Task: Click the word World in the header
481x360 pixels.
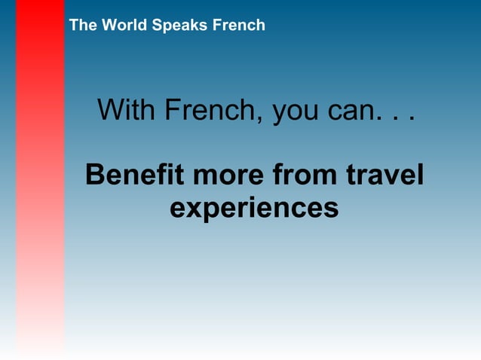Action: point(123,25)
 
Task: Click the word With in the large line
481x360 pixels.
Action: point(127,111)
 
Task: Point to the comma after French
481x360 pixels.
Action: point(264,121)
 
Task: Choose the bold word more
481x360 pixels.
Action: point(228,176)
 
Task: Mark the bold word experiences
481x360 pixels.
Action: point(254,208)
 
